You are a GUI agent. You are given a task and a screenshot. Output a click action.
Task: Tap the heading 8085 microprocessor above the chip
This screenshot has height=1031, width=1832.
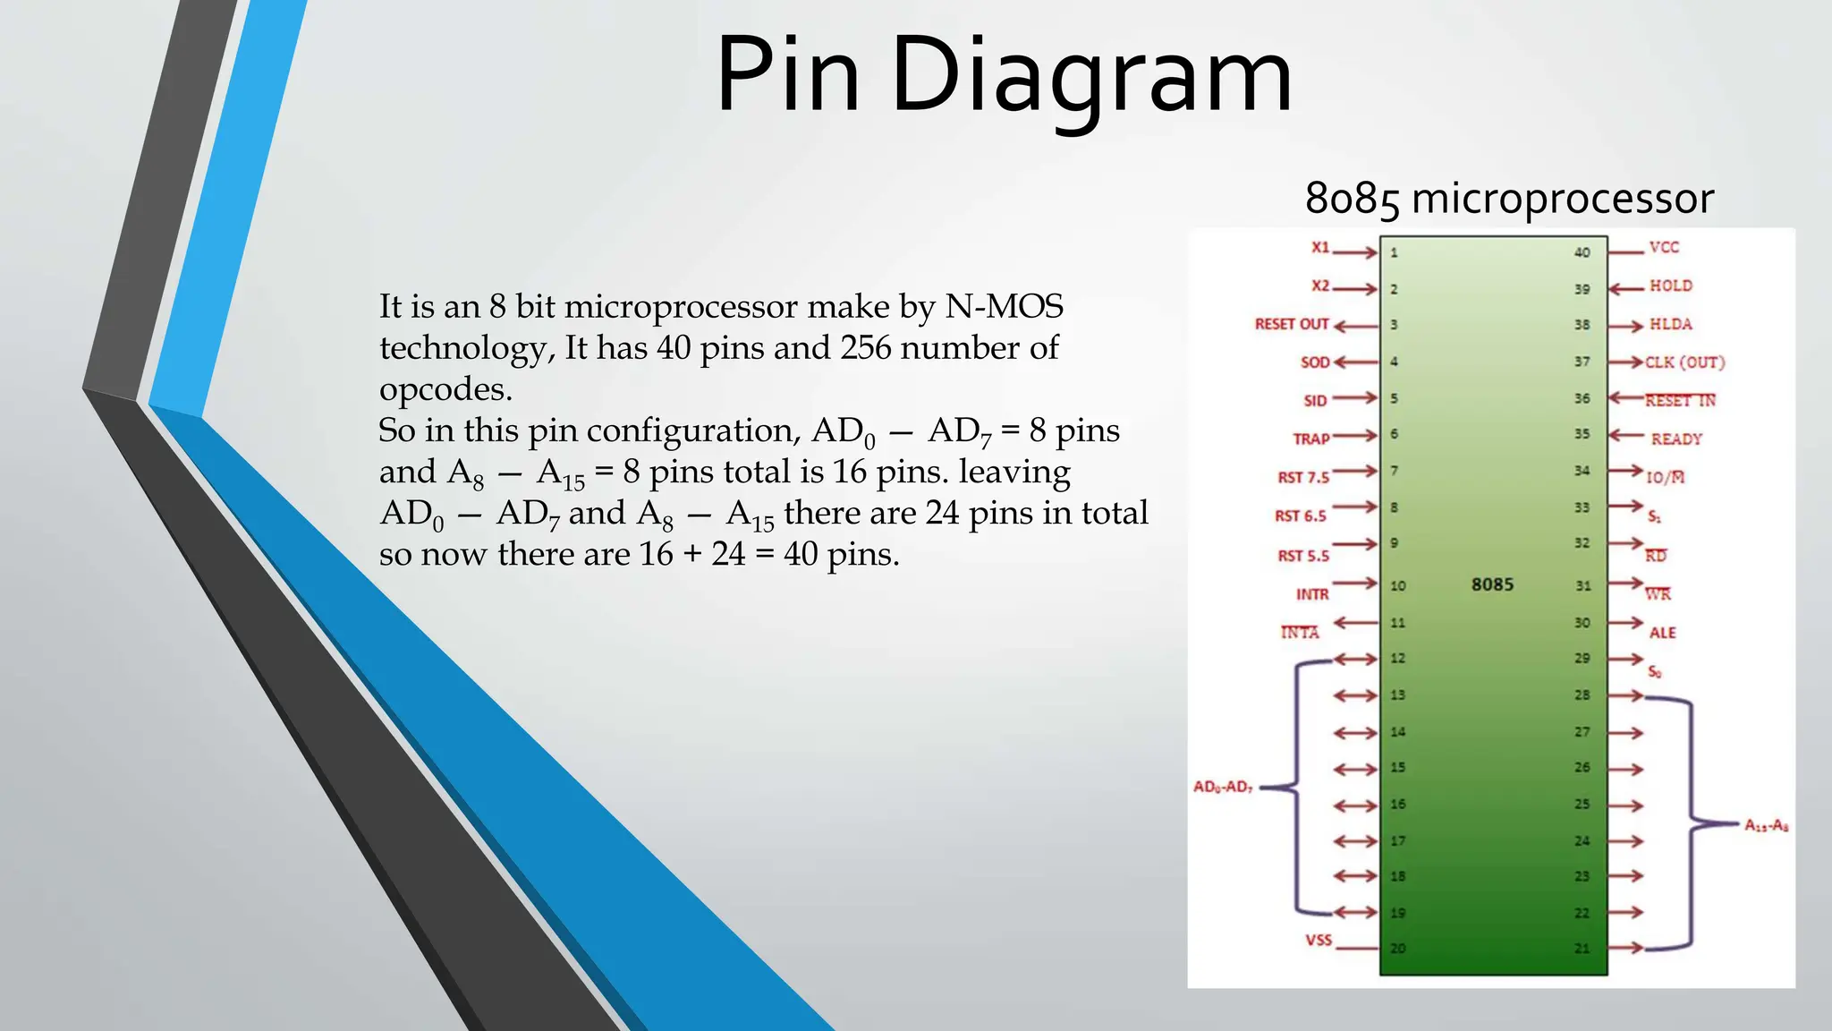(x=1509, y=198)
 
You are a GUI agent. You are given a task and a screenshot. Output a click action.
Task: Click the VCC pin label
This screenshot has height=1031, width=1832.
(x=1664, y=248)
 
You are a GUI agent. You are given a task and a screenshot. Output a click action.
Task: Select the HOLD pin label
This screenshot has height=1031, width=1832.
(x=1670, y=286)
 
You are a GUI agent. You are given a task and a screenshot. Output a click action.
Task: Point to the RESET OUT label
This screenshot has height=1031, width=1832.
(x=1292, y=324)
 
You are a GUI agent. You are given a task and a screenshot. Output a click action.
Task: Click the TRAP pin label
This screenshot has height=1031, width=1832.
(x=1310, y=439)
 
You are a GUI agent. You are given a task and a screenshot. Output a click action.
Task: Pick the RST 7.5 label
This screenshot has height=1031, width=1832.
(x=1303, y=478)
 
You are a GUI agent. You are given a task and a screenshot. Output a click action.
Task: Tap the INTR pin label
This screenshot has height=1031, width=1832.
(x=1312, y=594)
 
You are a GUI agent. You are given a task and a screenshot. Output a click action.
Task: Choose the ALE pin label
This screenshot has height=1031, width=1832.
(x=1662, y=633)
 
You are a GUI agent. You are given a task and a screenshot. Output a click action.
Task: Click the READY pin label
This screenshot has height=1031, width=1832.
(x=1676, y=439)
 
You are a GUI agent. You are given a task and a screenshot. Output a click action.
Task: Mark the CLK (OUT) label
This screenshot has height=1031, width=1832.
(x=1685, y=362)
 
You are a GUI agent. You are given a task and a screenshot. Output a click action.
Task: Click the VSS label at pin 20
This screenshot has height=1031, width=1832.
(x=1319, y=941)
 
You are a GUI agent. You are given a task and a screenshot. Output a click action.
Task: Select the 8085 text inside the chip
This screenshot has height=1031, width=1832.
(x=1492, y=584)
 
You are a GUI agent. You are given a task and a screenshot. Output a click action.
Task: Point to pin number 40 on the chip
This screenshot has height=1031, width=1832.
(x=1582, y=252)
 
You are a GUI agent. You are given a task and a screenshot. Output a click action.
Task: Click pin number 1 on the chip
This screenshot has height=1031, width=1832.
(x=1394, y=253)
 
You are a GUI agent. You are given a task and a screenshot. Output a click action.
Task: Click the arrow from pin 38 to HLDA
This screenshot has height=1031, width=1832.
(x=1626, y=326)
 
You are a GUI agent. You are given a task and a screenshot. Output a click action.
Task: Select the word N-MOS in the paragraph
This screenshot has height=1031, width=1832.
(x=1004, y=307)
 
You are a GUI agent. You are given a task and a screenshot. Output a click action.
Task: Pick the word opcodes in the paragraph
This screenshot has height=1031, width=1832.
(x=445, y=390)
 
